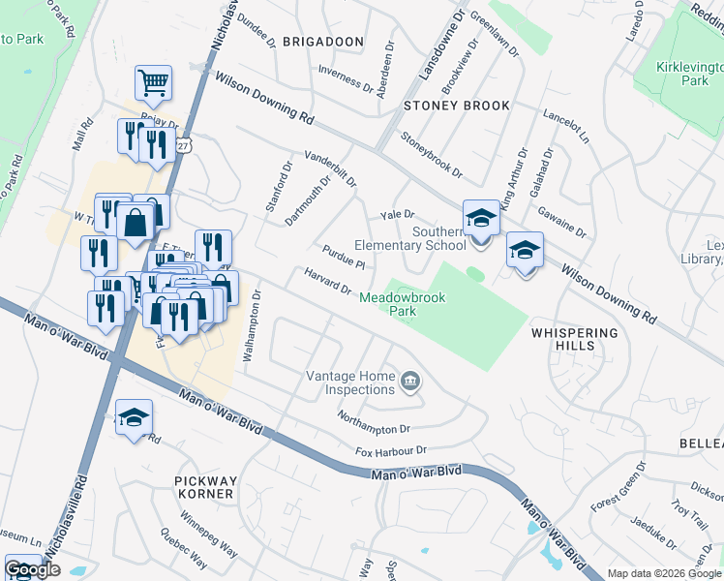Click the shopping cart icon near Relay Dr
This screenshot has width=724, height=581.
point(153,84)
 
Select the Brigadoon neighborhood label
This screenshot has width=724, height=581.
point(322,42)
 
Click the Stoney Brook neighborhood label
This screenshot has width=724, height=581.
point(442,105)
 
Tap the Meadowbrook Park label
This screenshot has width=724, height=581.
point(402,304)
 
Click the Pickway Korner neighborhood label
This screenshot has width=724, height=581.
point(204,487)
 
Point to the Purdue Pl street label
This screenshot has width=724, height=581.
point(343,258)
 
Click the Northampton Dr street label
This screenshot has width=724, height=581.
point(375,421)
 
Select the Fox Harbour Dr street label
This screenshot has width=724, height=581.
point(390,451)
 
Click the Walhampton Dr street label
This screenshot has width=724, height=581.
point(251,326)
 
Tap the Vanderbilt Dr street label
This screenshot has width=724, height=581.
point(330,168)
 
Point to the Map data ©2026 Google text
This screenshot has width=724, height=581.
point(664,573)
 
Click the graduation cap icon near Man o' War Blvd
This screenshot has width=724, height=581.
point(134,417)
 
